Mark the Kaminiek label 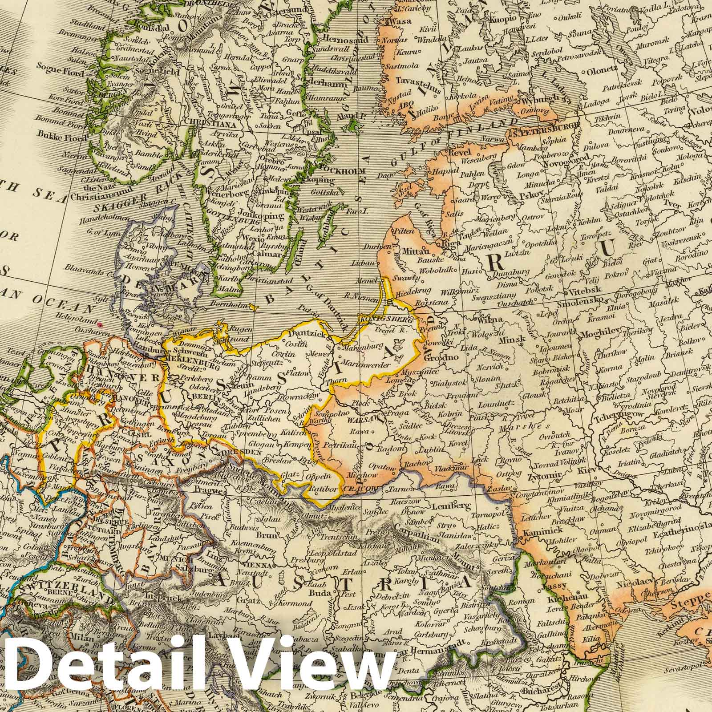(535, 530)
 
